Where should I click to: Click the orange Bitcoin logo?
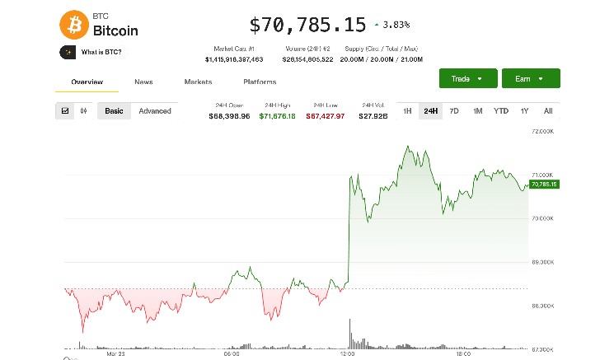pyautogui.click(x=73, y=25)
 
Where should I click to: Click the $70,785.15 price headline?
pyautogui.click(x=307, y=26)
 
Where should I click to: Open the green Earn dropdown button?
pyautogui.click(x=531, y=78)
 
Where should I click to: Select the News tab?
pyautogui.click(x=143, y=82)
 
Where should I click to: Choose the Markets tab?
pyautogui.click(x=198, y=82)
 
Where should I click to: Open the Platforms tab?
pyautogui.click(x=260, y=82)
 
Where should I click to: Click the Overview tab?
pyautogui.click(x=87, y=82)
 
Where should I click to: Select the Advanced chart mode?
pyautogui.click(x=155, y=111)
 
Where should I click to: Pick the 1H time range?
pyautogui.click(x=407, y=111)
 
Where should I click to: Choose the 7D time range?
pyautogui.click(x=453, y=111)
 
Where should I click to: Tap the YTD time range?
pyautogui.click(x=500, y=111)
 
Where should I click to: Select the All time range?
pyautogui.click(x=548, y=111)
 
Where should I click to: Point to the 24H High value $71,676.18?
pyautogui.click(x=277, y=116)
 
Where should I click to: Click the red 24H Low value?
pyautogui.click(x=325, y=116)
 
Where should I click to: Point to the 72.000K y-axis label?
pyautogui.click(x=542, y=132)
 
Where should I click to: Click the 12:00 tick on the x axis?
pyautogui.click(x=347, y=353)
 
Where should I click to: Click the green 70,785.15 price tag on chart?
pyautogui.click(x=544, y=185)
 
